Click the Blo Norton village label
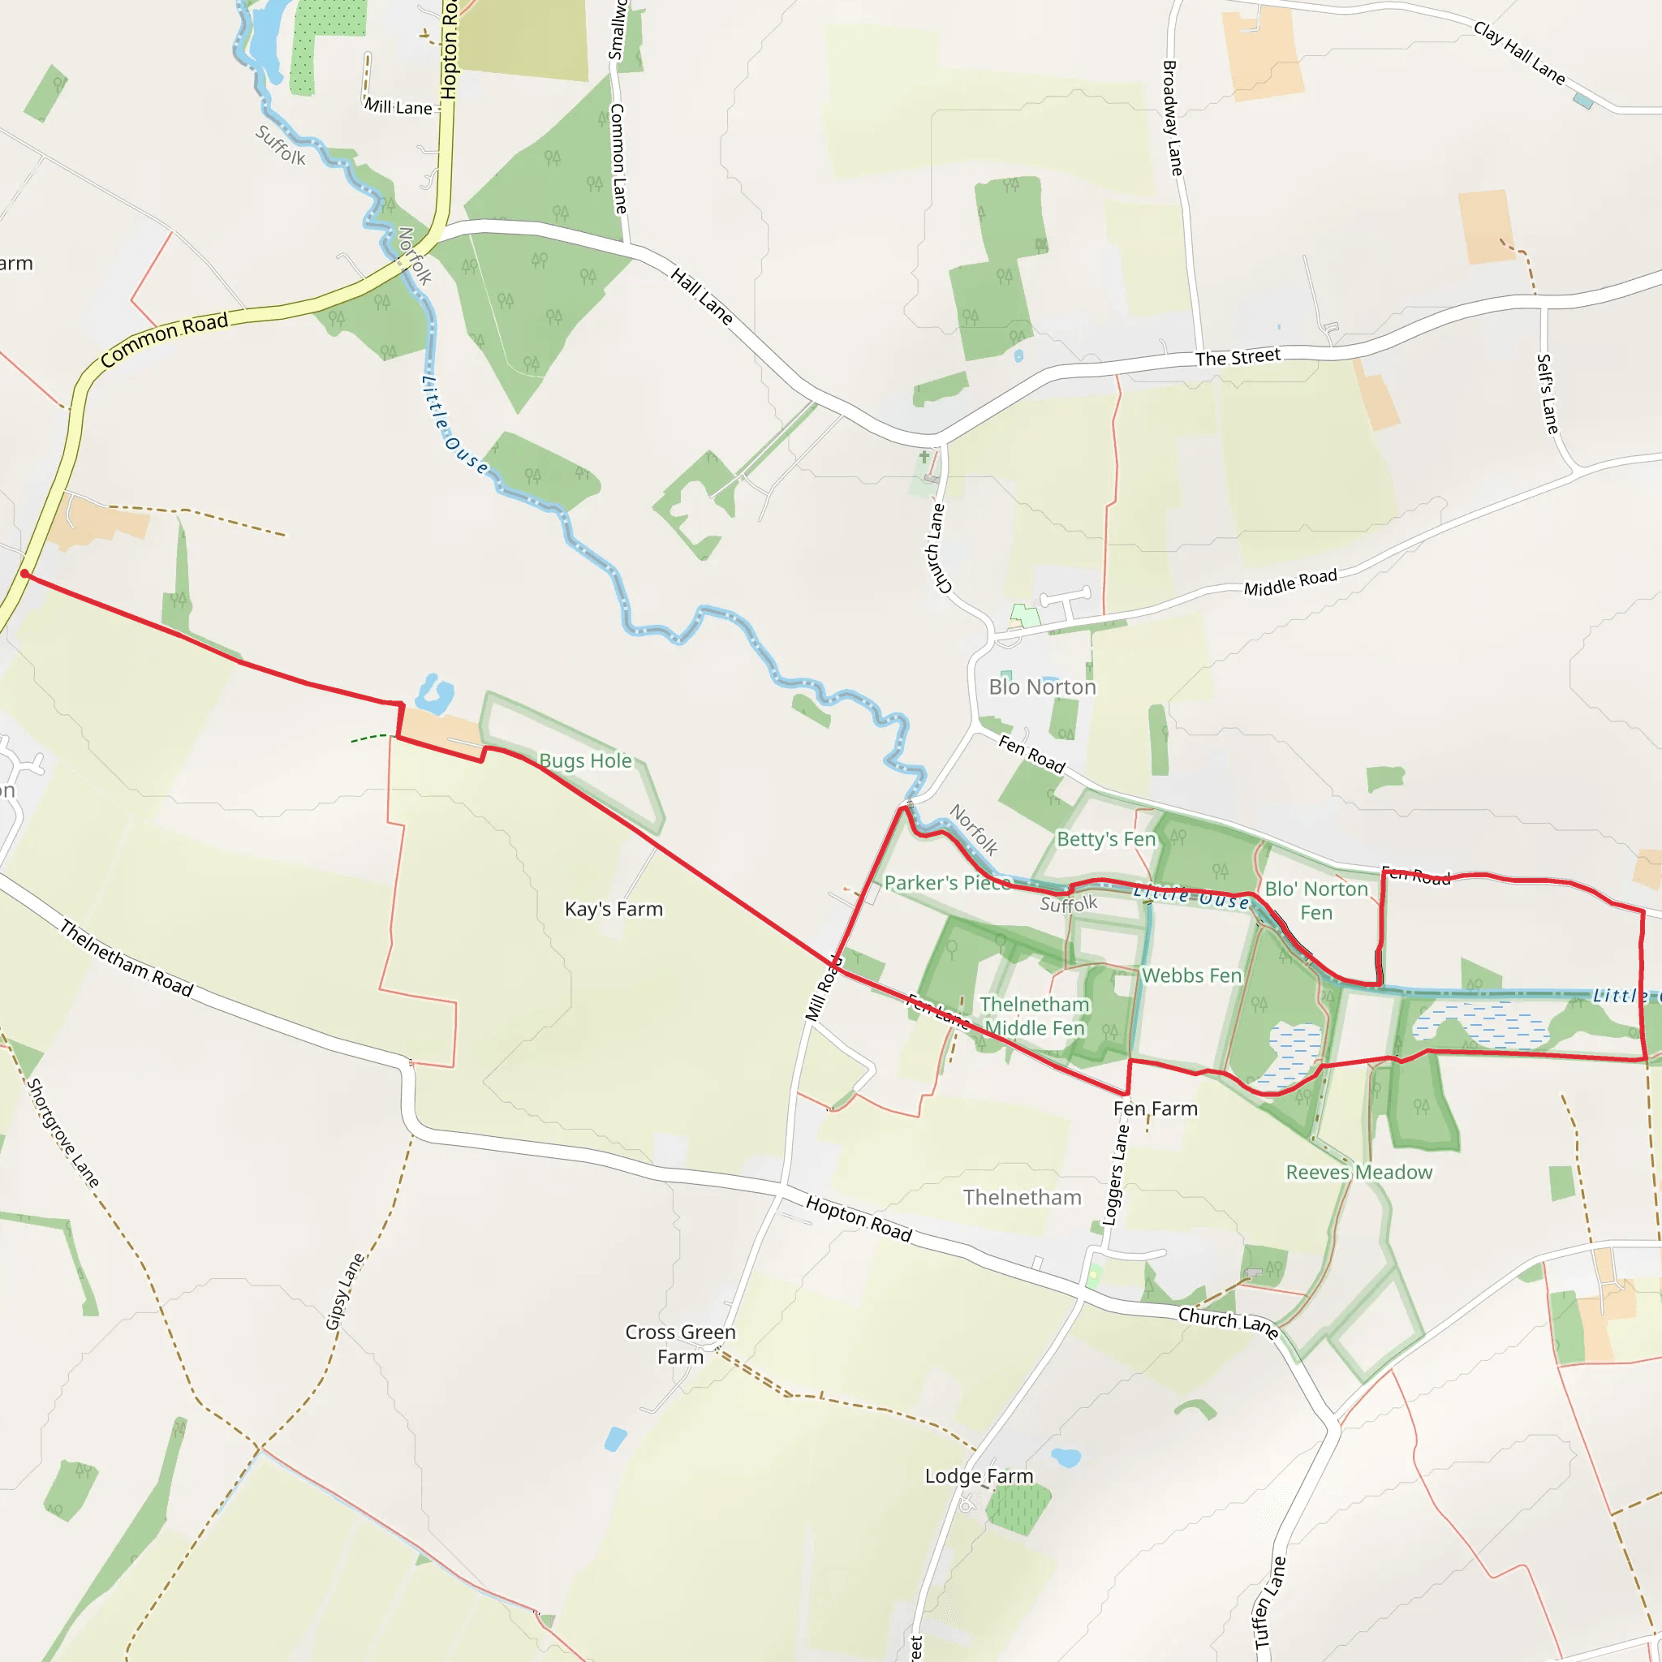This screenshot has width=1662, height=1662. (1042, 687)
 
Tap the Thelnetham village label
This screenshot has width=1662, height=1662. (1022, 1197)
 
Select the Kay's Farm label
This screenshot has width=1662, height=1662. (614, 908)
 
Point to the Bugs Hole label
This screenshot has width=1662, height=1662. (585, 760)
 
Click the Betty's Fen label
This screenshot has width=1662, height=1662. (1105, 839)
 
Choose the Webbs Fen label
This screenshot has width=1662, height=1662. (1191, 975)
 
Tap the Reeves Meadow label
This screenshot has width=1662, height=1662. (1358, 1173)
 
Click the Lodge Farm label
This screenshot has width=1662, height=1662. (979, 1476)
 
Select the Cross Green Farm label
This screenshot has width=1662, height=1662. (679, 1344)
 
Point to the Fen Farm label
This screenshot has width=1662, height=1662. (1156, 1109)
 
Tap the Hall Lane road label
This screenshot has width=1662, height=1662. (702, 296)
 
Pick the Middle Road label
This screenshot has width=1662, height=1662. (1290, 583)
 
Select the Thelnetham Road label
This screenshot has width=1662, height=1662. (127, 958)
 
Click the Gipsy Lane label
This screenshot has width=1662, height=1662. (345, 1291)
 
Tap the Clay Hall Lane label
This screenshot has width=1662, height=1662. (1519, 53)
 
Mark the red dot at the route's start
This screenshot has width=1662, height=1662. (25, 574)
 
